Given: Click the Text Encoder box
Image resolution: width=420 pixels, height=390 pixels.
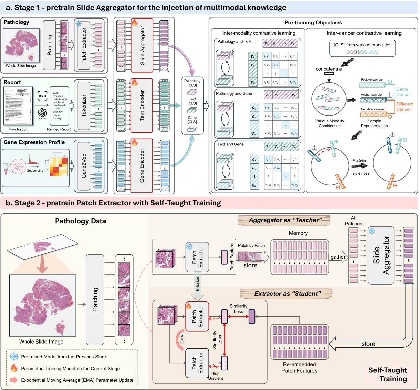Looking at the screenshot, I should [x=142, y=105].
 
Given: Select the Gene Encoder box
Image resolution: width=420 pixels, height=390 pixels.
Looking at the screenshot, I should [x=142, y=166].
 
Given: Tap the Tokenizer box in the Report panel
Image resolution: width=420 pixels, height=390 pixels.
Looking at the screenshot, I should [x=84, y=105].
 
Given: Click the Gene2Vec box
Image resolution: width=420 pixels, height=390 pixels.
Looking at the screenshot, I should [x=84, y=166].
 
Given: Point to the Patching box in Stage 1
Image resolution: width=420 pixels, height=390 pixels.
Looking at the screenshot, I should [x=49, y=45].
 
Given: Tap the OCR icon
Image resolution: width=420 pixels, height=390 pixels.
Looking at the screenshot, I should [x=42, y=96].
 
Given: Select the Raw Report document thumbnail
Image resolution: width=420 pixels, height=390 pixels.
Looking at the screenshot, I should [x=18, y=106].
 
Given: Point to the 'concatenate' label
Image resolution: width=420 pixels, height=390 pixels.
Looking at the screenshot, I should [x=329, y=69].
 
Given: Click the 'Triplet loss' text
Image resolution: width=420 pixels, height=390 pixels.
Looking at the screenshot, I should [x=360, y=173].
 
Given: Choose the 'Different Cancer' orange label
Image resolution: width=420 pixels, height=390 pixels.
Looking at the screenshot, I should [x=404, y=107].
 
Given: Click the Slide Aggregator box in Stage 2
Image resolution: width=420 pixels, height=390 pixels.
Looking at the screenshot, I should [x=381, y=255].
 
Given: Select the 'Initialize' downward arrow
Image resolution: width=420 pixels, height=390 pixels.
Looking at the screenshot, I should [x=198, y=286].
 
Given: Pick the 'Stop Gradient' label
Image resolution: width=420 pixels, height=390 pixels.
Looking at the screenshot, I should [x=215, y=376].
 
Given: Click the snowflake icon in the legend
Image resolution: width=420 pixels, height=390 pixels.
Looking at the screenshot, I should [x=14, y=357].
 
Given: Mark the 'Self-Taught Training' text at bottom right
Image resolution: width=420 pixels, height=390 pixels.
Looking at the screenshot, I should [x=388, y=375].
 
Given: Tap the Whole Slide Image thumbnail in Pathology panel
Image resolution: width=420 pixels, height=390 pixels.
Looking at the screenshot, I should [x=21, y=45].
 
